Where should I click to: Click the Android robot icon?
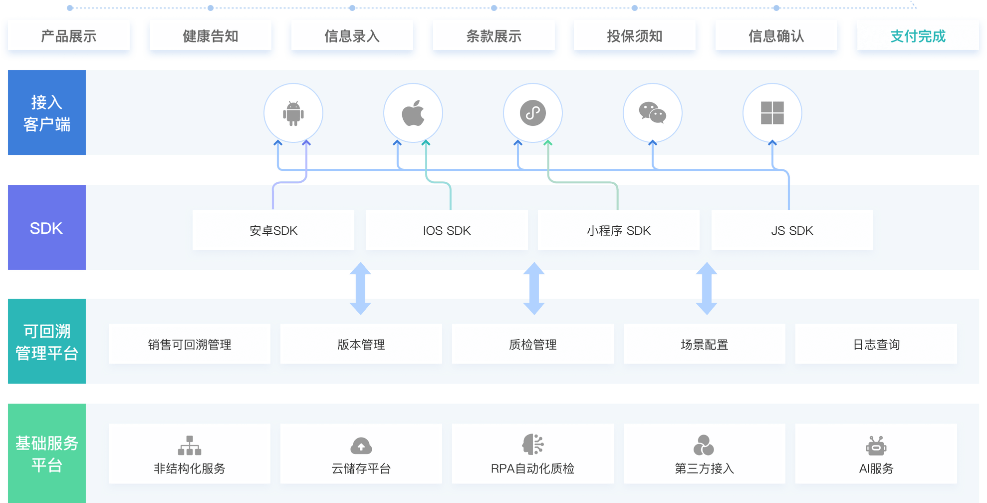pos(293,113)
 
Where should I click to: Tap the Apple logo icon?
pos(413,113)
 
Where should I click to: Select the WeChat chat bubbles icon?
pos(653,113)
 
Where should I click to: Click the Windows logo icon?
pos(772,113)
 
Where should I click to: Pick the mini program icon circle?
pos(533,113)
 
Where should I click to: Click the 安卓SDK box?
pos(273,230)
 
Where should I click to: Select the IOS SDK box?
pos(447,230)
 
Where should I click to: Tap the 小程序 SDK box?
pos(619,230)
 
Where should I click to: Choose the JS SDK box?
pos(792,230)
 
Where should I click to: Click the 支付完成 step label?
pos(918,36)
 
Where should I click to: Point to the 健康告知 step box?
pos(211,36)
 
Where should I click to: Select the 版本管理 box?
pos(361,344)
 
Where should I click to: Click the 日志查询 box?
pos(876,344)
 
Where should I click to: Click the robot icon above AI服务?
pos(876,446)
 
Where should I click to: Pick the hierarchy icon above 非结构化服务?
pos(190,446)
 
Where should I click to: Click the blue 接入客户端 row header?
pos(46,113)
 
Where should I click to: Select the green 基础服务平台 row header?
pos(46,453)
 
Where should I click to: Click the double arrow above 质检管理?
pos(533,289)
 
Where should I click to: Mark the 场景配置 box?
pos(704,344)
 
